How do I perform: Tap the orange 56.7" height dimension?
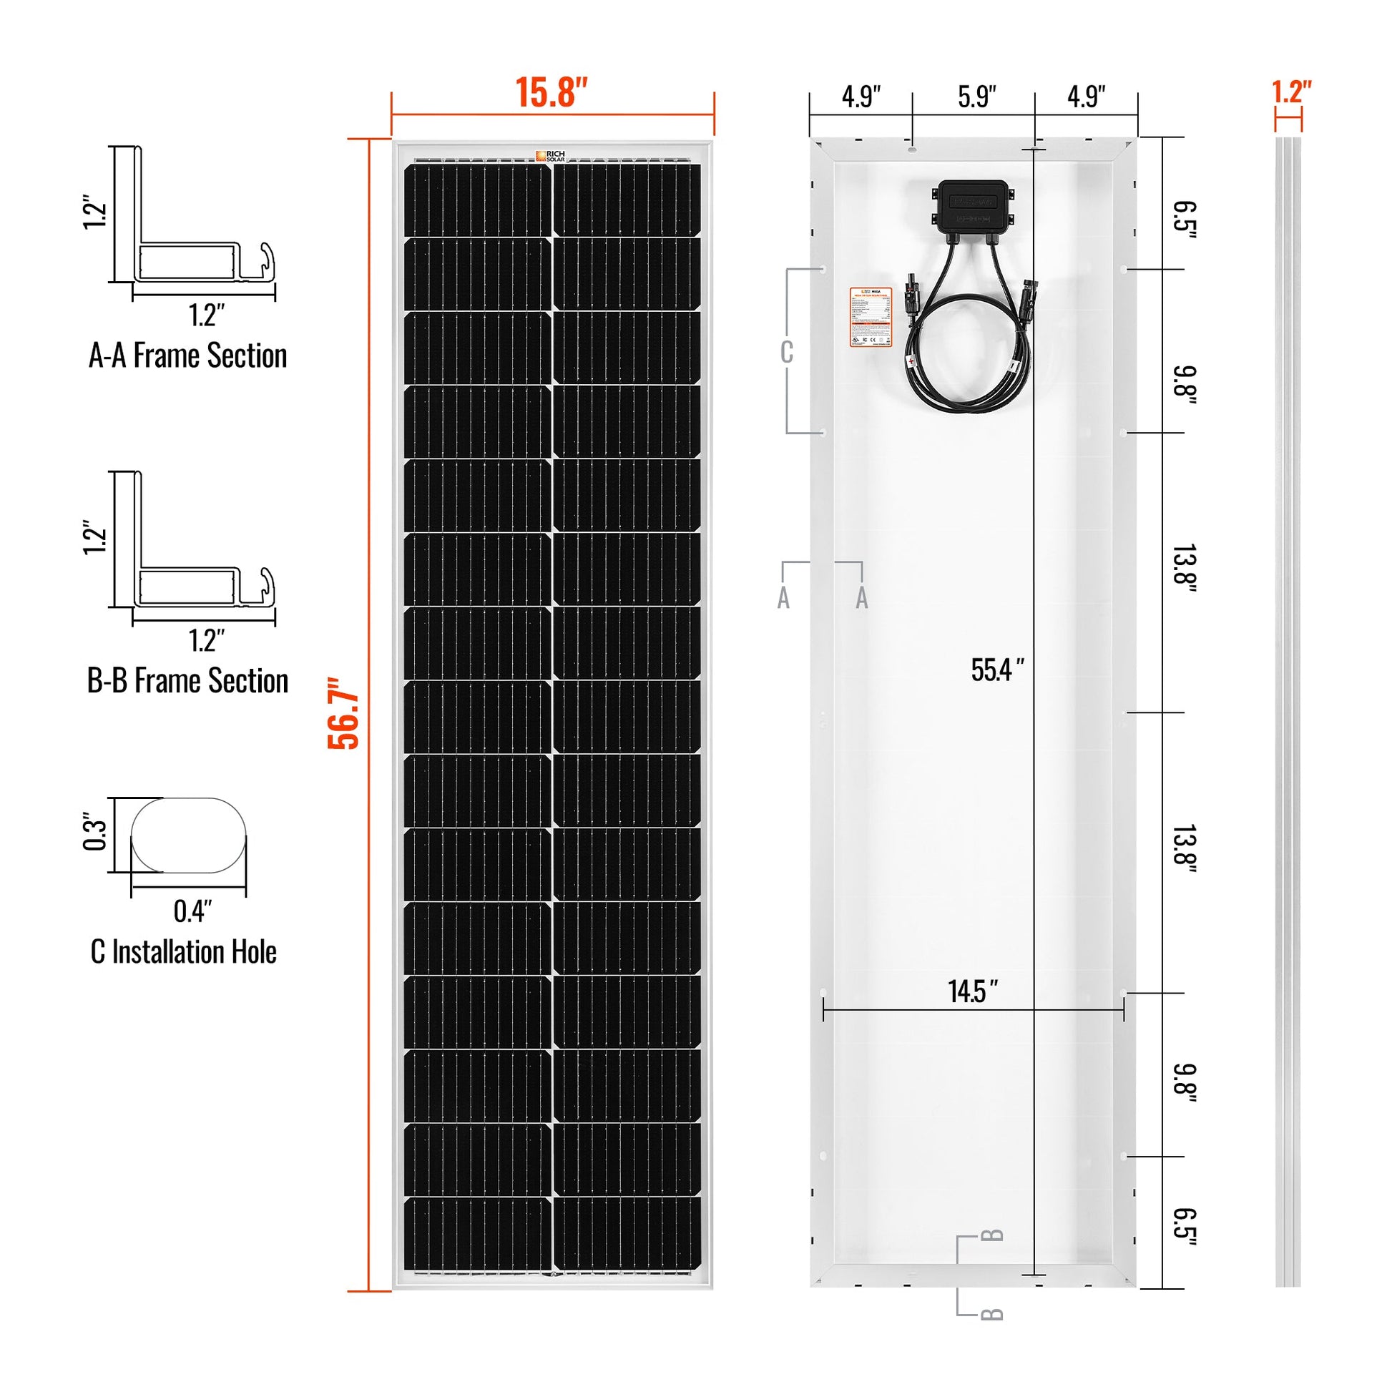click(x=343, y=713)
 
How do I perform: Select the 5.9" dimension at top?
click(x=976, y=97)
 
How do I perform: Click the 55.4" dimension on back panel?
click(x=996, y=670)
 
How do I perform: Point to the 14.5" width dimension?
click(x=973, y=991)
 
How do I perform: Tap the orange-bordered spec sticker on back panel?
click(x=871, y=318)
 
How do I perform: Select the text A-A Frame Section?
click(x=187, y=356)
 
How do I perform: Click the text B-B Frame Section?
click(x=187, y=681)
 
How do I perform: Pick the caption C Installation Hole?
click(x=184, y=952)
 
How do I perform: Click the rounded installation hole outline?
click(x=189, y=835)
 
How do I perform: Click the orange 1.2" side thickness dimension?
click(x=1291, y=92)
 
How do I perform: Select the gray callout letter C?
click(x=787, y=353)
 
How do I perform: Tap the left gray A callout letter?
click(x=784, y=597)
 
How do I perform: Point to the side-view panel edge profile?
click(x=1288, y=713)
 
